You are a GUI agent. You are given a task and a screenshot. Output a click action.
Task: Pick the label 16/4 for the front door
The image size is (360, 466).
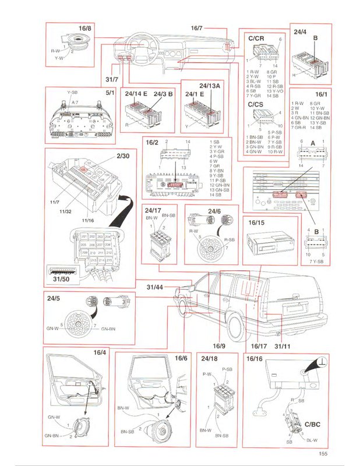(x=100, y=352)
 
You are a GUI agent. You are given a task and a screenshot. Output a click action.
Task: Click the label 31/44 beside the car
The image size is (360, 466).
(x=154, y=287)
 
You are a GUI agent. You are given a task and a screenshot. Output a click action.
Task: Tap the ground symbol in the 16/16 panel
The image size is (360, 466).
(x=321, y=363)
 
